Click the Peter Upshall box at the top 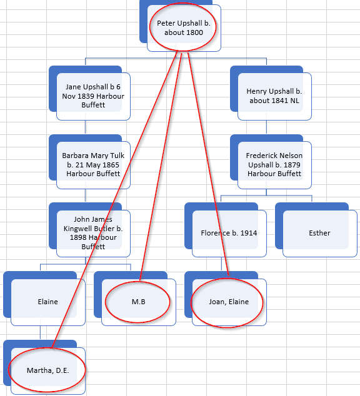pos(184,27)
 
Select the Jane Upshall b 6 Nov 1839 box pos(93,96)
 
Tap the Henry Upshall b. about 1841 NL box pos(274,96)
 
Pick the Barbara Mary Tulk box pos(93,165)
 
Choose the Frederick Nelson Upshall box pos(274,165)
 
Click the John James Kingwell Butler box pos(93,234)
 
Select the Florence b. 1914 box pos(229,234)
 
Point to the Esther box pos(320,234)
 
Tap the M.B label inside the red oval pos(139,302)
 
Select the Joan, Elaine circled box pos(229,302)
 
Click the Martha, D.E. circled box pos(48,371)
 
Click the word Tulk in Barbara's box pos(117,156)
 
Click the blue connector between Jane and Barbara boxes pos(86,127)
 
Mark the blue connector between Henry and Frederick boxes pos(266,127)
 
